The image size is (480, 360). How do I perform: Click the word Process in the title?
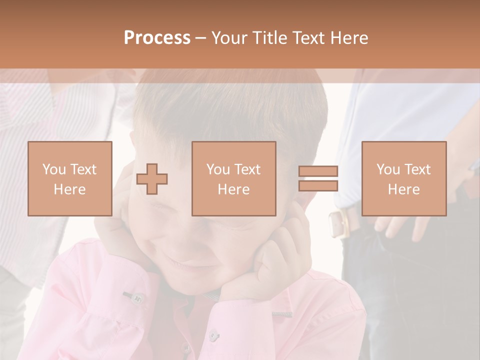[x=157, y=38]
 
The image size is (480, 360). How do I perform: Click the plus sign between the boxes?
[x=152, y=179]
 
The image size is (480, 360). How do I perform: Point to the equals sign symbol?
[x=318, y=178]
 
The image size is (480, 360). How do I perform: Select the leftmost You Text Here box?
[x=69, y=178]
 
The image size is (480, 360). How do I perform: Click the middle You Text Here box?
[x=233, y=178]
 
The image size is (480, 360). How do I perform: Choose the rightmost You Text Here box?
[x=403, y=178]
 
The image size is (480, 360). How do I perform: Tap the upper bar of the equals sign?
[x=318, y=171]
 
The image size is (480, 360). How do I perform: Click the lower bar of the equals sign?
[x=318, y=185]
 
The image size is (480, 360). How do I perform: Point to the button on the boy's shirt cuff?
[x=135, y=298]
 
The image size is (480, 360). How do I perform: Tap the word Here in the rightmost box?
[x=403, y=189]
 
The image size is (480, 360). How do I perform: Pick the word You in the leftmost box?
[x=53, y=169]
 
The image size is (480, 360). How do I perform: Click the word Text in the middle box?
[x=248, y=169]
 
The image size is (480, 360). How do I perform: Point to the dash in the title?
[x=200, y=38]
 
